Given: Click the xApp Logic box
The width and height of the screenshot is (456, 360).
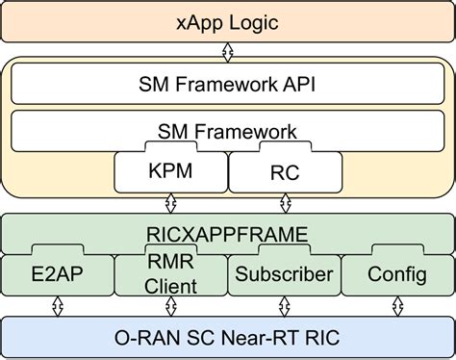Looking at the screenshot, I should click(228, 20).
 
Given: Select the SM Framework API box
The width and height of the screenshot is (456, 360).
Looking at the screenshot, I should click(228, 84).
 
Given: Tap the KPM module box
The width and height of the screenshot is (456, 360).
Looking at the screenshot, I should click(170, 172).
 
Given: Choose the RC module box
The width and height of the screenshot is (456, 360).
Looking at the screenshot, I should click(285, 172).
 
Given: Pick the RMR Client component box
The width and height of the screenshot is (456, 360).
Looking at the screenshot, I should click(170, 275).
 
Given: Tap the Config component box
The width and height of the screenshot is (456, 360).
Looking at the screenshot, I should click(396, 275).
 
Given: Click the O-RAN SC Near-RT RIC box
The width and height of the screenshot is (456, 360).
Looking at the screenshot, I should click(228, 337).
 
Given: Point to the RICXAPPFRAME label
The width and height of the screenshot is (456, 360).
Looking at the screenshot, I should click(228, 232).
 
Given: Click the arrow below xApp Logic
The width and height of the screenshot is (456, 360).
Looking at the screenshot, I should click(228, 49).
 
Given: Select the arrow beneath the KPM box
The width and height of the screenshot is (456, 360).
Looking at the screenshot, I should click(170, 203).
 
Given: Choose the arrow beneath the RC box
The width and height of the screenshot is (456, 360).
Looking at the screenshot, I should click(285, 203).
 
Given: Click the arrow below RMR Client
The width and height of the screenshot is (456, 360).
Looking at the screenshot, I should click(170, 306).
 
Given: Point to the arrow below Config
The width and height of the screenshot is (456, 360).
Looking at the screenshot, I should click(396, 306).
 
